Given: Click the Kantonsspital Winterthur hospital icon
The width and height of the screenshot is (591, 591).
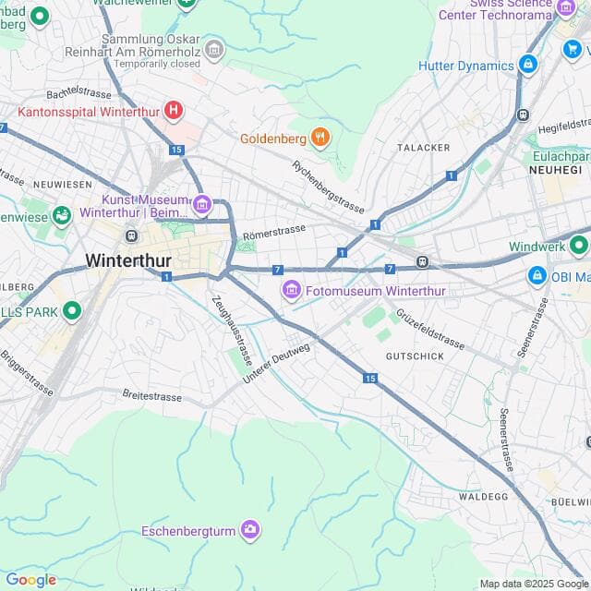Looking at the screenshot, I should (173, 111).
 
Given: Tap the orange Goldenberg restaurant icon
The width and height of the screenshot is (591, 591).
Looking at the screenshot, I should (320, 138).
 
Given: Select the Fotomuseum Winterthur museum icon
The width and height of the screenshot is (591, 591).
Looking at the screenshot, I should (292, 292).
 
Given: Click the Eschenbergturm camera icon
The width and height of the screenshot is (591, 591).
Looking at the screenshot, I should (250, 530).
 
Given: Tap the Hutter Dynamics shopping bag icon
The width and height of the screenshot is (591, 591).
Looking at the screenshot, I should (528, 66).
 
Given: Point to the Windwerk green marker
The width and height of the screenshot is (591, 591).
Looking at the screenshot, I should (579, 246).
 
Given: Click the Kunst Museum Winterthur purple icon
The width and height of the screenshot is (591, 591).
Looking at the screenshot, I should (202, 204).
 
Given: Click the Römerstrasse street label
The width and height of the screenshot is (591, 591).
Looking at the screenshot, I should (274, 231).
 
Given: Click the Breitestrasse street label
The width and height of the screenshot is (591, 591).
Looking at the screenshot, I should (151, 395).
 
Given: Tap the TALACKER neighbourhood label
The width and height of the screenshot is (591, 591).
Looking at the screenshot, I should (423, 148).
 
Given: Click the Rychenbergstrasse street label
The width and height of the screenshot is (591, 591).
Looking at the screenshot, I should (327, 186).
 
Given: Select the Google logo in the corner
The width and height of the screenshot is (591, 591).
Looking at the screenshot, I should (30, 579).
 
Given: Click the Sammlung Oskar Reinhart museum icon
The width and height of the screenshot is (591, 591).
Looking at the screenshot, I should (214, 48).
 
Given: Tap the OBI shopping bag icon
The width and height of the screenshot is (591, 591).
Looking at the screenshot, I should (537, 275).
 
